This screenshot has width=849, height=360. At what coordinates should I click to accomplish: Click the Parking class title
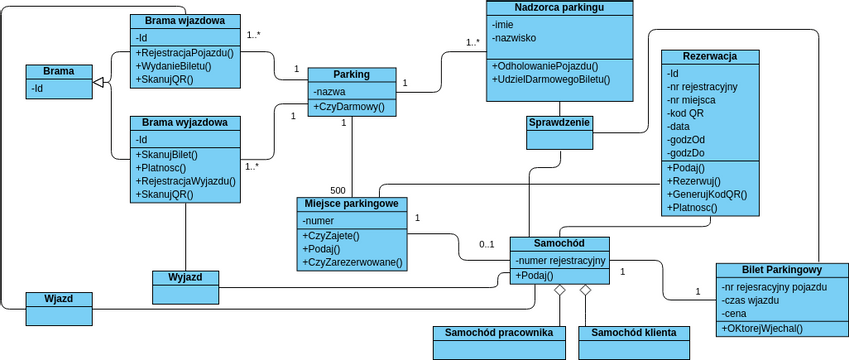[351, 74]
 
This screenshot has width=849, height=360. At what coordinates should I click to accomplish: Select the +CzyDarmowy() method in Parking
[349, 107]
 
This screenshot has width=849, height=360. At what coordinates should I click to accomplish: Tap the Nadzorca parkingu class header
[559, 8]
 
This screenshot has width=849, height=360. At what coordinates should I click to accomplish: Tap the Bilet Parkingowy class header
[781, 270]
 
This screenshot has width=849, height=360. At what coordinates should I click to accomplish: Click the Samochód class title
[559, 244]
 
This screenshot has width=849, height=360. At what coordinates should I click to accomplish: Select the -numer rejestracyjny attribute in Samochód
[560, 260]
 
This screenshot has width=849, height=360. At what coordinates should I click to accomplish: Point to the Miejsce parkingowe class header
[351, 204]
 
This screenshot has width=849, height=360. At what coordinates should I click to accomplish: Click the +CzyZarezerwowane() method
[351, 262]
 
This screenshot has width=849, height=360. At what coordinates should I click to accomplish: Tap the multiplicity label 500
[338, 190]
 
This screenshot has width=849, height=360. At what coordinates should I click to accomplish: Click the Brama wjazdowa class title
[184, 20]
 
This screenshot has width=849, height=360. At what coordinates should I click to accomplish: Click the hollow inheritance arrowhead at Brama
[99, 88]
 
